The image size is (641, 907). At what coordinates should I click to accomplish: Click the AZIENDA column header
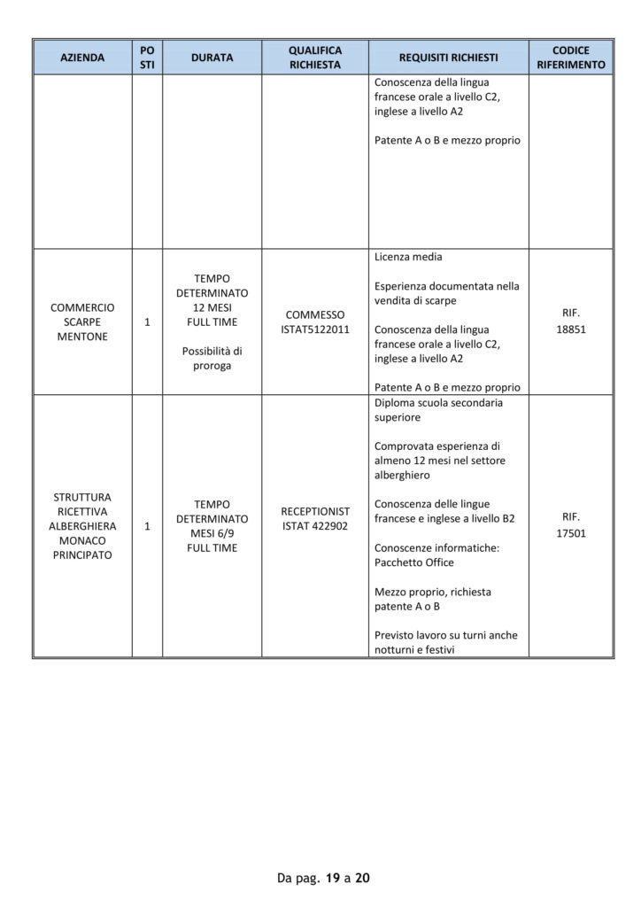[82, 58]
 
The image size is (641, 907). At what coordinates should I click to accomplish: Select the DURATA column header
[212, 58]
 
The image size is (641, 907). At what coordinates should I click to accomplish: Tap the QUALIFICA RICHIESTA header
[315, 58]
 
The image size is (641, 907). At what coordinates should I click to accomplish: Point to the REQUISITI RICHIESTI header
[448, 58]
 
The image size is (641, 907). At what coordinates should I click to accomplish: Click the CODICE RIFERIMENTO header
[570, 58]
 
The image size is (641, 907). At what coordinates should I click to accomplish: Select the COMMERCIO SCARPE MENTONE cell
[82, 322]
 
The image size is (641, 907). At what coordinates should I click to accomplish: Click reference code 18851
[571, 329]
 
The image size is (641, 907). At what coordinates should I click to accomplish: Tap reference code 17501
[571, 534]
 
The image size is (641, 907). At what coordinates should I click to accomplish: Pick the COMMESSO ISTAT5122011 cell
[315, 322]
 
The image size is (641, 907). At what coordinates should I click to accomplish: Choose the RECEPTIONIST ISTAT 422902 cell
[315, 519]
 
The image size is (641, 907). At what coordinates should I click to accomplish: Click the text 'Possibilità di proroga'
[212, 359]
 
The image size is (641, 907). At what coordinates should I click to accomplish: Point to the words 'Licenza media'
[408, 258]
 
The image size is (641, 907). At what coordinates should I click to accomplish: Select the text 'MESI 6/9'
[212, 533]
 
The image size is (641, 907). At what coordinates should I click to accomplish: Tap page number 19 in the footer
[333, 879]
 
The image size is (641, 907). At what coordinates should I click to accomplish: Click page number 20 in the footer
[362, 879]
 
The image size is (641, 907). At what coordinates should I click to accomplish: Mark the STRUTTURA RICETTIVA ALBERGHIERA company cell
[82, 526]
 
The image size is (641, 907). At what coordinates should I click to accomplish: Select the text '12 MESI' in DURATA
[212, 307]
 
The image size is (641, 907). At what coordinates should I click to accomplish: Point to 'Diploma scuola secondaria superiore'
[438, 409]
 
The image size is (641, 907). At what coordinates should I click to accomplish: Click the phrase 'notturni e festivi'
[417, 649]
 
